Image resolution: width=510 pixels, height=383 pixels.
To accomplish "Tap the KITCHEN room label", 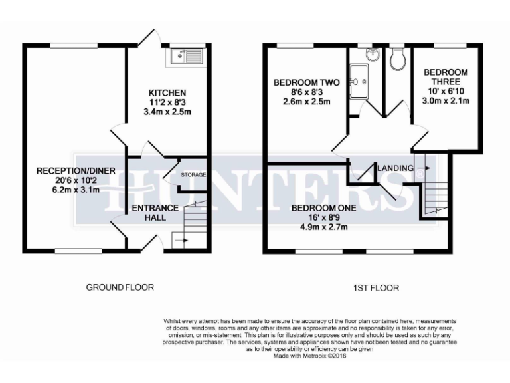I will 167,92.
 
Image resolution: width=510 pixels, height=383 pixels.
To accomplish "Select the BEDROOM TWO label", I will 307,83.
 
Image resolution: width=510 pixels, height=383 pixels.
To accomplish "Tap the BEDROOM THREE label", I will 446,77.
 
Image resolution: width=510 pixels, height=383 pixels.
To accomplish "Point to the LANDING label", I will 396,168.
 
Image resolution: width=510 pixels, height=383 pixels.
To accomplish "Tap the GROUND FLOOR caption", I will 120,288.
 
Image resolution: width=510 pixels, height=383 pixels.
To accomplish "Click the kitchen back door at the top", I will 152,37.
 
